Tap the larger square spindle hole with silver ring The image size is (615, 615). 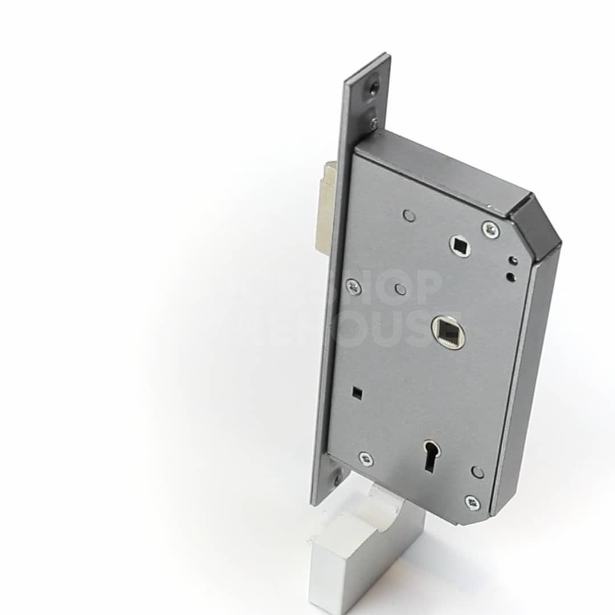click(x=448, y=331)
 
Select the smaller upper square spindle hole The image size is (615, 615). click(x=460, y=245)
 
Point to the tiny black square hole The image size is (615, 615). click(x=356, y=392)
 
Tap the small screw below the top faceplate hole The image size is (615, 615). click(x=374, y=121)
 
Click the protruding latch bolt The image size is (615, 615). click(x=326, y=208)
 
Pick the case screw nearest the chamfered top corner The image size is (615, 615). click(x=490, y=229)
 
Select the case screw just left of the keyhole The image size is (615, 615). click(x=366, y=459)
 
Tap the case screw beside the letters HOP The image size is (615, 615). click(x=354, y=288)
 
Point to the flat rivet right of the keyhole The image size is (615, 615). click(x=477, y=472)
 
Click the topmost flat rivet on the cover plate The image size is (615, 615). click(x=408, y=215)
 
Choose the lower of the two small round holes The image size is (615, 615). click(x=510, y=277)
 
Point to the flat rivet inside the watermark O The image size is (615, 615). click(x=401, y=289)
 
